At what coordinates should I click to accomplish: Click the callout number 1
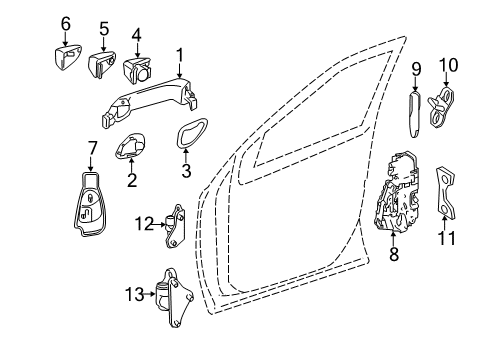tap(180, 56)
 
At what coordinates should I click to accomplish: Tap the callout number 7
tap(92, 148)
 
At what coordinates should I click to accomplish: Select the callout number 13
tap(134, 294)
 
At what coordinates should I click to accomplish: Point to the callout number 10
tap(448, 65)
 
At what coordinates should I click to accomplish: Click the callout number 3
tap(186, 171)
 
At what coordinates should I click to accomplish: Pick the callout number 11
tap(446, 238)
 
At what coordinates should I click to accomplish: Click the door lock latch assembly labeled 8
tap(397, 193)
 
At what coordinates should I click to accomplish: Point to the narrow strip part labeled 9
tap(414, 114)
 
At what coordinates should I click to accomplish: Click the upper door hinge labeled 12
tap(176, 227)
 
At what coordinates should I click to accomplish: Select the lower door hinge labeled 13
tap(173, 298)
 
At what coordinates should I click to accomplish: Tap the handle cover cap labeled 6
tap(67, 58)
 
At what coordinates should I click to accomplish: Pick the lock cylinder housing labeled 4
tap(137, 69)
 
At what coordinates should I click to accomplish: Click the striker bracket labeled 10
tap(441, 107)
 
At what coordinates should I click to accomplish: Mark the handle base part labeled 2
tap(131, 145)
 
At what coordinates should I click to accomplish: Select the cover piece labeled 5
tap(102, 64)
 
